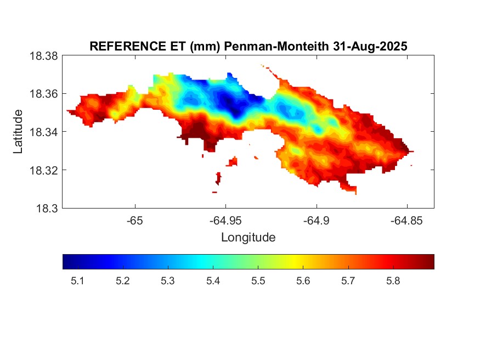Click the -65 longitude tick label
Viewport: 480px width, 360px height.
point(134,221)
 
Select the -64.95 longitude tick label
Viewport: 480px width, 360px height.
point(225,221)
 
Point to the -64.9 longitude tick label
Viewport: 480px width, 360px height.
point(316,221)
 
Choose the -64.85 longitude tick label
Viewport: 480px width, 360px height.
point(406,221)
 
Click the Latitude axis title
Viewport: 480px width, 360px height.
point(18,132)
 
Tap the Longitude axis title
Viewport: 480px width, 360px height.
point(248,238)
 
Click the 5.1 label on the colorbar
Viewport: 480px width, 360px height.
point(77,282)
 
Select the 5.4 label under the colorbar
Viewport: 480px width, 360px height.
point(213,282)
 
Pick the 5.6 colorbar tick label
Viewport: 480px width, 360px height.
point(303,282)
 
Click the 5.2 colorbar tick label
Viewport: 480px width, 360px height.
point(122,282)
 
